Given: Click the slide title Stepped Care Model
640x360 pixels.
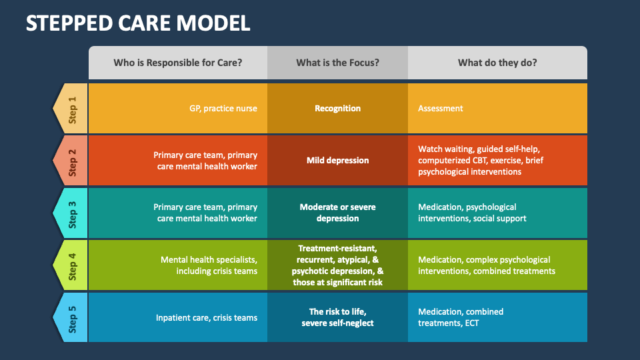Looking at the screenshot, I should [x=138, y=23].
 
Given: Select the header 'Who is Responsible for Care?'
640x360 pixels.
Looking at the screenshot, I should [x=177, y=63].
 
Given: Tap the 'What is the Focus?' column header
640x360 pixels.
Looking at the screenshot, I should [x=337, y=63].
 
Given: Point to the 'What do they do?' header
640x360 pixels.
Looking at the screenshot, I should [x=497, y=63].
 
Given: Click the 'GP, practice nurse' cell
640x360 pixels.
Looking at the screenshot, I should [x=223, y=109].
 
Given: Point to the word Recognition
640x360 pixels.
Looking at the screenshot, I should [x=337, y=109].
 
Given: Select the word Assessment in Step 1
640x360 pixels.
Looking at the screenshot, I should [x=440, y=109].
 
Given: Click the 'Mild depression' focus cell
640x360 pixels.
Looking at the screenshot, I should [x=337, y=161].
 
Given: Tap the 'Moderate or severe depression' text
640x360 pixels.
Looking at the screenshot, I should [x=337, y=213].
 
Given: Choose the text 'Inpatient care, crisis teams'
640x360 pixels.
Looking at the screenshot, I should [x=206, y=318].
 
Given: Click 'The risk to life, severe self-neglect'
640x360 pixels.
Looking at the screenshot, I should [x=337, y=317].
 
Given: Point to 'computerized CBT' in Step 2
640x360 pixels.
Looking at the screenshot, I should [x=452, y=161].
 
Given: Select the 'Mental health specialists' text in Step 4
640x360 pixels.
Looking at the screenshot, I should [x=209, y=260].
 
